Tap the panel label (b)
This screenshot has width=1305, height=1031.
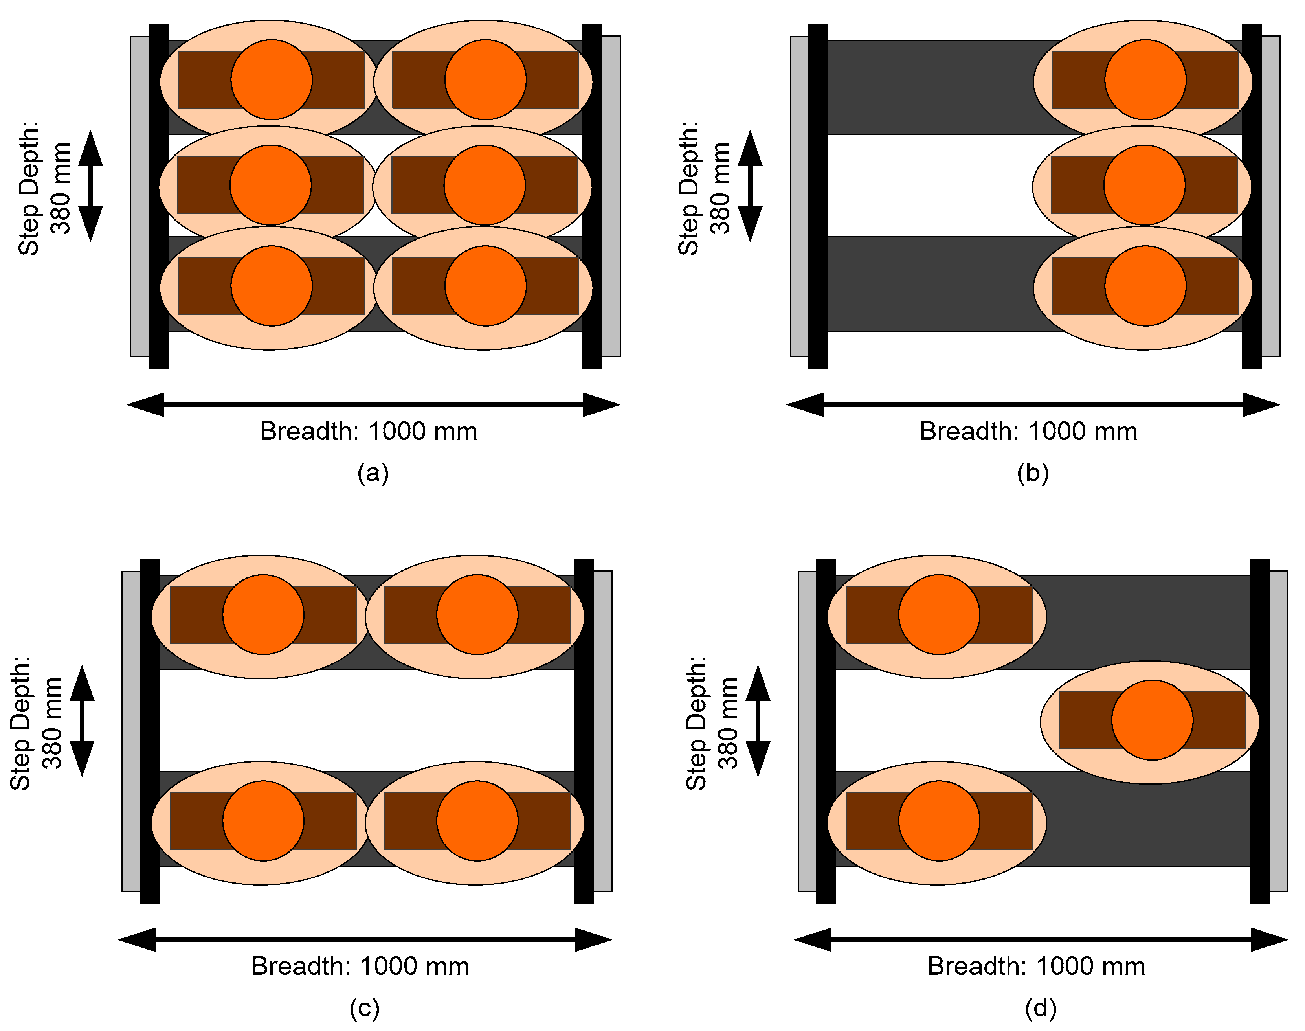coord(1032,472)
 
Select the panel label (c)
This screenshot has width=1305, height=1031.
coord(364,1007)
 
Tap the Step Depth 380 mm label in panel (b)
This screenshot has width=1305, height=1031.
coord(704,188)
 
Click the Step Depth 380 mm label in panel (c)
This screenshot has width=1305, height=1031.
coord(36,723)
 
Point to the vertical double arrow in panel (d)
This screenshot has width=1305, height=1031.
coord(758,721)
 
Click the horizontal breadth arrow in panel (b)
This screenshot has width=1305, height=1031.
coord(1033,404)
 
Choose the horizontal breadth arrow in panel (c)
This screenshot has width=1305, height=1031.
coord(365,939)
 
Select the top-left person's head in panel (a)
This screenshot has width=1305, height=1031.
coord(272,80)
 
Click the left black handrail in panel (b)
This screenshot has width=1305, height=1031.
coord(818,196)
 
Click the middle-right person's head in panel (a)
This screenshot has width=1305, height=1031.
coord(485,185)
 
